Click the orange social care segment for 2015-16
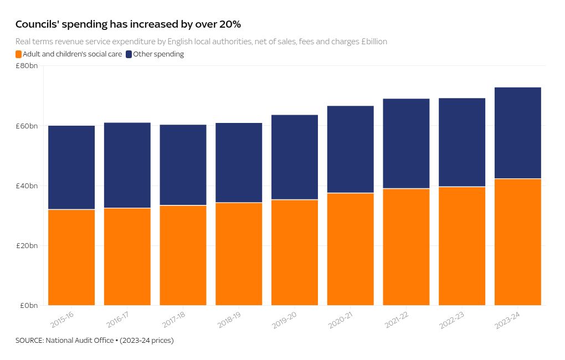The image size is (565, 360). pyautogui.click(x=71, y=257)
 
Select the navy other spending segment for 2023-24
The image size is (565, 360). pyautogui.click(x=517, y=133)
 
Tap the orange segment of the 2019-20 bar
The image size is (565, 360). pyautogui.click(x=295, y=252)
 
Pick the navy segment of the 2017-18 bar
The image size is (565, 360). pyautogui.click(x=183, y=165)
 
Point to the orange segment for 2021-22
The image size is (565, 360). pyautogui.click(x=406, y=246)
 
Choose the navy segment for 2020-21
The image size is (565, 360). pyautogui.click(x=350, y=149)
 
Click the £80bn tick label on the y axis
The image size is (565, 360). pyautogui.click(x=27, y=66)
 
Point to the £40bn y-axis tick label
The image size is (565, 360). pyautogui.click(x=27, y=186)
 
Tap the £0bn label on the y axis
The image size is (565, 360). pyautogui.click(x=29, y=305)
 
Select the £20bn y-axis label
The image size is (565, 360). pyautogui.click(x=27, y=245)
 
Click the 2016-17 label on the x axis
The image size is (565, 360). pyautogui.click(x=117, y=320)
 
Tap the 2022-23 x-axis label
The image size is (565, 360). pyautogui.click(x=451, y=320)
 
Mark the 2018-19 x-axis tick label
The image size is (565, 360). pyautogui.click(x=228, y=320)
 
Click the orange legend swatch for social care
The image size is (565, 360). pyautogui.click(x=19, y=54)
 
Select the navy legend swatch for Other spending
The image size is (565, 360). pyautogui.click(x=129, y=54)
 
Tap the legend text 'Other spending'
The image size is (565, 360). pyautogui.click(x=158, y=54)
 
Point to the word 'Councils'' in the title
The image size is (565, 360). pyautogui.click(x=37, y=24)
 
